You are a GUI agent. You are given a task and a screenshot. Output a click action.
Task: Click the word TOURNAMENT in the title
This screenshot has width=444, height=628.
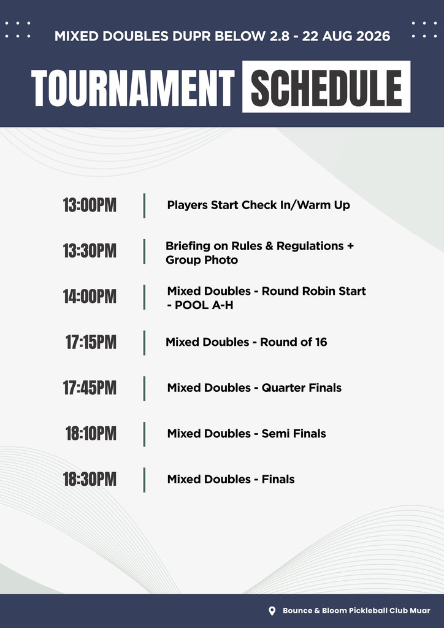point(132,88)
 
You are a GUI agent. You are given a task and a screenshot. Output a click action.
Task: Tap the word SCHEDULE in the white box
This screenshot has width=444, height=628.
point(326,88)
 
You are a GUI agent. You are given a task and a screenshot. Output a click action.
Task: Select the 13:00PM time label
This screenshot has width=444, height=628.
point(90,205)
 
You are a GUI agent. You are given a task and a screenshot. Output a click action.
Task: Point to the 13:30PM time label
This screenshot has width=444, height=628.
point(90,251)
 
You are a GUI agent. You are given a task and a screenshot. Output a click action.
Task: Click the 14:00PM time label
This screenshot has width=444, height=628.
point(90,297)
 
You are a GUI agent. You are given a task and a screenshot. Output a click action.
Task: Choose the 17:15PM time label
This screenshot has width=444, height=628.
point(91,342)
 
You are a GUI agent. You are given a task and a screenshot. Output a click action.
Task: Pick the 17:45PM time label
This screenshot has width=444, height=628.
point(90,388)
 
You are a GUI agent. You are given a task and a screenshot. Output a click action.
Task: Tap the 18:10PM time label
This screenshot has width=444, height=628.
point(91,434)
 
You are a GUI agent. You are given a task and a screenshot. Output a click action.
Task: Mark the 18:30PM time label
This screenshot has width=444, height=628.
point(90,480)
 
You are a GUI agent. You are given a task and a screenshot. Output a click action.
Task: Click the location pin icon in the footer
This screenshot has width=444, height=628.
point(272,611)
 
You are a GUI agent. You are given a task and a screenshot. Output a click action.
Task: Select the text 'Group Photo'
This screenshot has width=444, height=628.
point(202,260)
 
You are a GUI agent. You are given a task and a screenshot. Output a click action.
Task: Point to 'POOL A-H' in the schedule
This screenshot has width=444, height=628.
point(204,305)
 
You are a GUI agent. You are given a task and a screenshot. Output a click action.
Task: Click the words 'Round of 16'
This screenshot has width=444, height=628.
point(294,342)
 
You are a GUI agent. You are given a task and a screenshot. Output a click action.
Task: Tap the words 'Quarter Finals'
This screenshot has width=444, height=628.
point(302,388)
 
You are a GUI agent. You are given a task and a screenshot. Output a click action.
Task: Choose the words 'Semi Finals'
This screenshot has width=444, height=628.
point(294,434)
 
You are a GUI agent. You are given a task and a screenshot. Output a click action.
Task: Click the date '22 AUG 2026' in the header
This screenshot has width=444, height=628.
point(346,36)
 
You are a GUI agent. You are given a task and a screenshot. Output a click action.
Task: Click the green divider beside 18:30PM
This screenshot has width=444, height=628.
point(144,480)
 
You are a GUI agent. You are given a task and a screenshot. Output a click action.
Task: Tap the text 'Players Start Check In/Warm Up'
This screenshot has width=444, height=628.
point(259,205)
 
